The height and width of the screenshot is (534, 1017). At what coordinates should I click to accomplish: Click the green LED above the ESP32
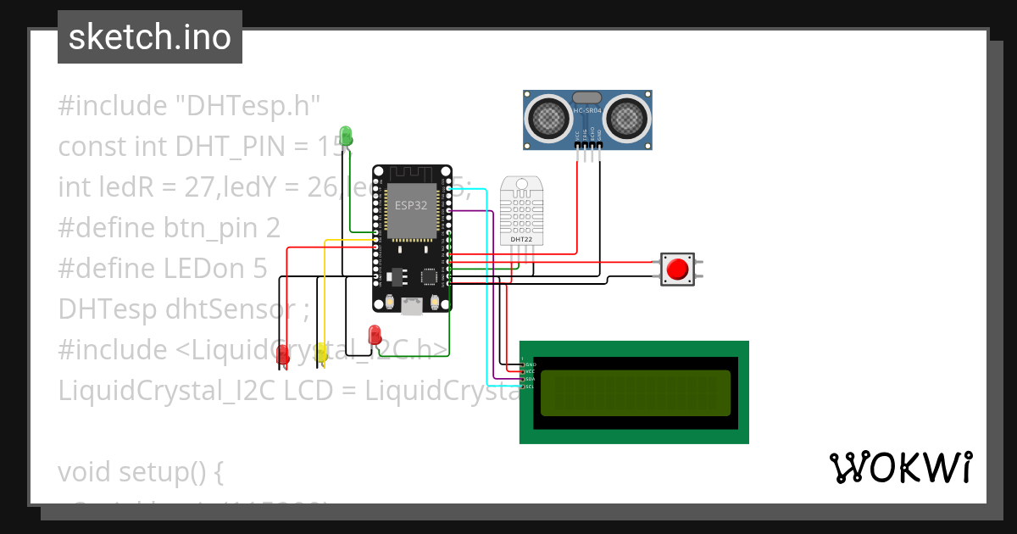[x=345, y=135]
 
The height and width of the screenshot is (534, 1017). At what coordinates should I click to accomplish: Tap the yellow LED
[x=321, y=353]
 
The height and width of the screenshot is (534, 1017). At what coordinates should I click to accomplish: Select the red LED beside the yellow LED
[x=283, y=356]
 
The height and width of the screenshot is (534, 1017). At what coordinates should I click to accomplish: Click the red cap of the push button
[x=677, y=269]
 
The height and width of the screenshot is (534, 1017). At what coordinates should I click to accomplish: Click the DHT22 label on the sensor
[x=520, y=240]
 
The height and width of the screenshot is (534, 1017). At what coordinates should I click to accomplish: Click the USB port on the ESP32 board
[x=412, y=307]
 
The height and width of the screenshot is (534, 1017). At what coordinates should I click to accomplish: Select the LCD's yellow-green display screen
[x=635, y=393]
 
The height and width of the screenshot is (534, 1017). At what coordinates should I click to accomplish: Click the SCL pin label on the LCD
[x=530, y=387]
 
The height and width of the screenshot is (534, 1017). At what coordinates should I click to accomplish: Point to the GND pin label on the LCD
[x=530, y=364]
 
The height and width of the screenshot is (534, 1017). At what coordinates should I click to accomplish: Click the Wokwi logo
[x=900, y=468]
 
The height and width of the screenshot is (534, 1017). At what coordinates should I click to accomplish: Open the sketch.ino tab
[x=150, y=37]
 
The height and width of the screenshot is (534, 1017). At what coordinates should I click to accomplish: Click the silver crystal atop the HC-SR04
[x=587, y=99]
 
